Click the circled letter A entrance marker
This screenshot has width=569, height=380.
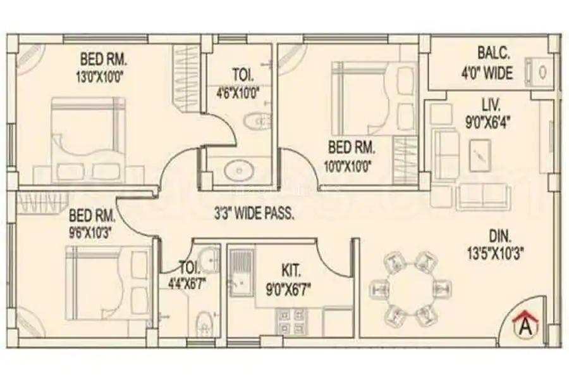point(527,327)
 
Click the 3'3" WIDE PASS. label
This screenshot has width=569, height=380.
point(254,214)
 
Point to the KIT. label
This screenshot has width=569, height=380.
point(291,271)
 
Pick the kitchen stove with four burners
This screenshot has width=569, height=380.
point(291,322)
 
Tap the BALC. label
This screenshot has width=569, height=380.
point(494,53)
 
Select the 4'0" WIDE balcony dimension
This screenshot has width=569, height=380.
point(487,73)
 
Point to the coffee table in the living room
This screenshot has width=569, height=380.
point(480,155)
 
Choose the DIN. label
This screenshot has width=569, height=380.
point(500,237)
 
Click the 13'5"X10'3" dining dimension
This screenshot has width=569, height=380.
point(495,253)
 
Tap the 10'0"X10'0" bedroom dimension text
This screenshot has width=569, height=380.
point(347,167)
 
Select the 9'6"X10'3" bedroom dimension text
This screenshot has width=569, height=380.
point(90,232)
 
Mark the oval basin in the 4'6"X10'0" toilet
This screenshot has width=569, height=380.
point(238,170)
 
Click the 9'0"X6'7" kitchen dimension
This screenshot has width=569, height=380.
point(288,290)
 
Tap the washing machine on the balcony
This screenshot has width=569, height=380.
point(539,72)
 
